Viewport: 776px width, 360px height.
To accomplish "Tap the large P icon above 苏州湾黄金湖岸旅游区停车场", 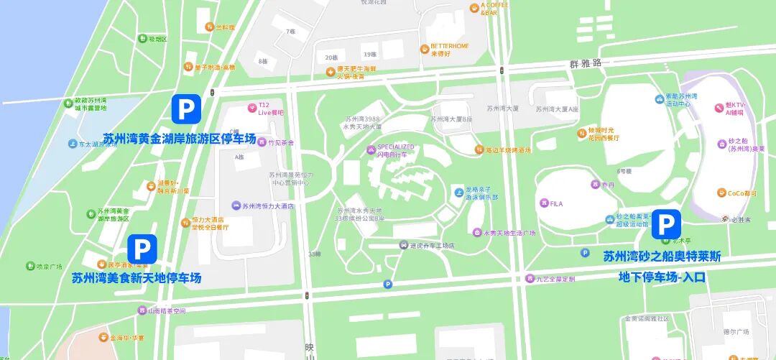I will coord(186,109).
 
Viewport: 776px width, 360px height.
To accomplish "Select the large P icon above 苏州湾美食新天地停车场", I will coord(142,249).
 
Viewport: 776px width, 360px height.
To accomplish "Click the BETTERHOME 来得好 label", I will coord(449,50).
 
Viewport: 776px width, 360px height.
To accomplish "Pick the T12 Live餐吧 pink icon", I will coord(252,109).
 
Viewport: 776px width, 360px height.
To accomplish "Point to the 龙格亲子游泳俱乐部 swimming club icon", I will coord(459,192).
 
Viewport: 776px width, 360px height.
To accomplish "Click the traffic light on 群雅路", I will coord(501,70).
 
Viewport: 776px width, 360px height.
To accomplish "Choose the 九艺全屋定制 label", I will coord(553,279).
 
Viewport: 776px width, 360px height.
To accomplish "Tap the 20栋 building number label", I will coord(331,57).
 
